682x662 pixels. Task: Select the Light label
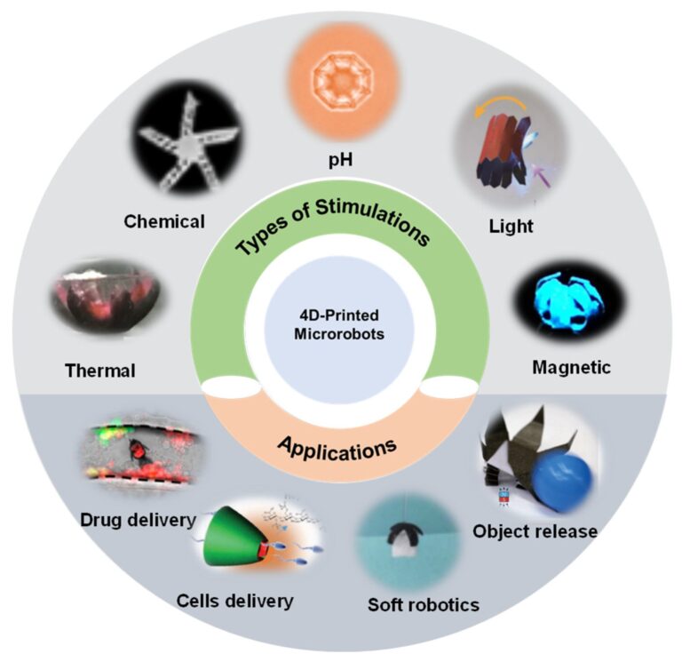pyautogui.click(x=511, y=226)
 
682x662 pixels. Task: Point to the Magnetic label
pyautogui.click(x=570, y=367)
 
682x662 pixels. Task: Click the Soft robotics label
pyautogui.click(x=424, y=605)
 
